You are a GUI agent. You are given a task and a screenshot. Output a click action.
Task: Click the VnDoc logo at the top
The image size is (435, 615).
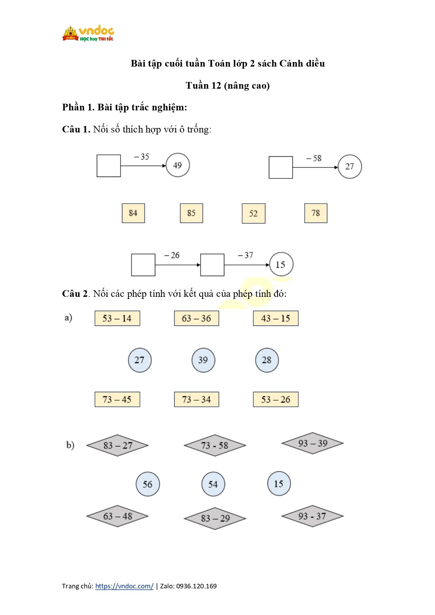click(x=88, y=34)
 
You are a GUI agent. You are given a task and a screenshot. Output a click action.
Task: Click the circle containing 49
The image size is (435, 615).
click(x=178, y=165)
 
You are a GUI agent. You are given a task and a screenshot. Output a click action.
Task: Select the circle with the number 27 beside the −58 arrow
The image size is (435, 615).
click(x=349, y=166)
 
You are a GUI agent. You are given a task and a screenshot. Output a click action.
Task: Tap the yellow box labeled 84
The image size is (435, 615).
click(x=133, y=213)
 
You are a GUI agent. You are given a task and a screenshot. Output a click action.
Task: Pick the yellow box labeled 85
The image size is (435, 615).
click(x=191, y=213)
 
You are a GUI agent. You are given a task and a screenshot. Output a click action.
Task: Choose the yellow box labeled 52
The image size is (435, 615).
click(x=253, y=213)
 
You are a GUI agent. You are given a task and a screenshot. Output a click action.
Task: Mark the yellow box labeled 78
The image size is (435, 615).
click(x=315, y=213)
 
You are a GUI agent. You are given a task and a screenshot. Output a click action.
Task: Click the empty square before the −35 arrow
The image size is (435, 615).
click(x=109, y=166)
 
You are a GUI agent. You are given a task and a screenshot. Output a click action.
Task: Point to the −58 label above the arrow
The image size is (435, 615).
click(x=314, y=158)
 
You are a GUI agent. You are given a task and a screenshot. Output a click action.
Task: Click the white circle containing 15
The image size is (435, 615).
click(x=281, y=265)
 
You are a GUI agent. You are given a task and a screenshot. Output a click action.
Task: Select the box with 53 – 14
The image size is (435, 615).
click(x=117, y=319)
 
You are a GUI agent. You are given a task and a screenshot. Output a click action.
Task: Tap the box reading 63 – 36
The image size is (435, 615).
click(x=196, y=319)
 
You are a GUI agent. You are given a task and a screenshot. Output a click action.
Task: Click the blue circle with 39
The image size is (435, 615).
click(x=203, y=360)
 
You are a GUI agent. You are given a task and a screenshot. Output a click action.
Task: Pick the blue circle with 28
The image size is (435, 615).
click(x=267, y=360)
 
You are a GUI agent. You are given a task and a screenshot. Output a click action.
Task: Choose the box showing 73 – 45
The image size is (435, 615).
click(x=117, y=399)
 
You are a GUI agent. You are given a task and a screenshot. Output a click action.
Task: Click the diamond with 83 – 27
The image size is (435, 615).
click(x=117, y=445)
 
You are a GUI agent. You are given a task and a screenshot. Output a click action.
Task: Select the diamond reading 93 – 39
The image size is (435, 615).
click(x=312, y=443)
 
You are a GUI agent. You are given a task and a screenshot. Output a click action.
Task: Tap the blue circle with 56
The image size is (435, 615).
click(x=148, y=484)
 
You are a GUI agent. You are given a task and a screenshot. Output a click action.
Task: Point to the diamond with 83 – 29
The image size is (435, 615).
click(x=215, y=518)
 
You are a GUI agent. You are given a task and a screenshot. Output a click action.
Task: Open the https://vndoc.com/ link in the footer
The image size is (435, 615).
click(x=124, y=586)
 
